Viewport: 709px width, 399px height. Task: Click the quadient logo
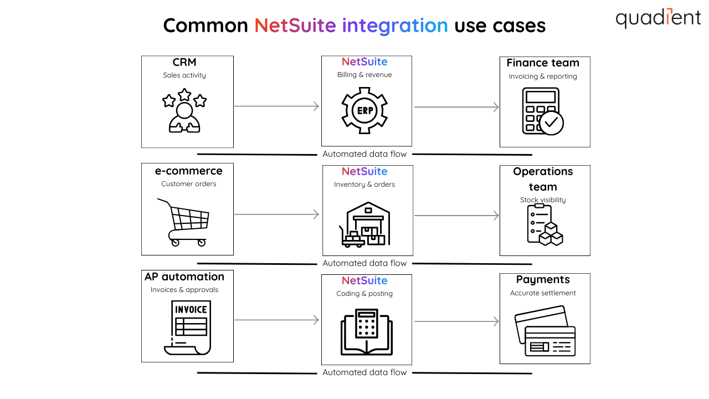click(x=658, y=18)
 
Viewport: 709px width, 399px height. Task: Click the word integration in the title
click(x=395, y=25)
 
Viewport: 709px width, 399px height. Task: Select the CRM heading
click(x=184, y=62)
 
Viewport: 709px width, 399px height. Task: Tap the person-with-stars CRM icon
click(x=184, y=111)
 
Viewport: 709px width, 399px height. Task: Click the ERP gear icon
click(x=364, y=110)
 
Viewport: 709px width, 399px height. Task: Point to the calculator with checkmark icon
click(x=542, y=111)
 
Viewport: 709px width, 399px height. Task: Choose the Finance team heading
click(x=543, y=63)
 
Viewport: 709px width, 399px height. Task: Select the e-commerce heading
click(x=188, y=171)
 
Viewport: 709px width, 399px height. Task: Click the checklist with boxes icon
click(x=544, y=224)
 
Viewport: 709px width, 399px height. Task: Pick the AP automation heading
click(x=184, y=277)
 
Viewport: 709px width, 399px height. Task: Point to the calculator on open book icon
click(x=366, y=331)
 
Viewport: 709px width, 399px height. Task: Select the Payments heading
click(x=543, y=280)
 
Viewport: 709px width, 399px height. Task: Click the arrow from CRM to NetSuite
click(x=276, y=106)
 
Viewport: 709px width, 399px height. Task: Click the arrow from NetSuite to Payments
click(x=456, y=321)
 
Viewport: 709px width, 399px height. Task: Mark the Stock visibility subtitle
click(x=543, y=200)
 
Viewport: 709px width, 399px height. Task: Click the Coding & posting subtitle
click(x=364, y=294)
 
